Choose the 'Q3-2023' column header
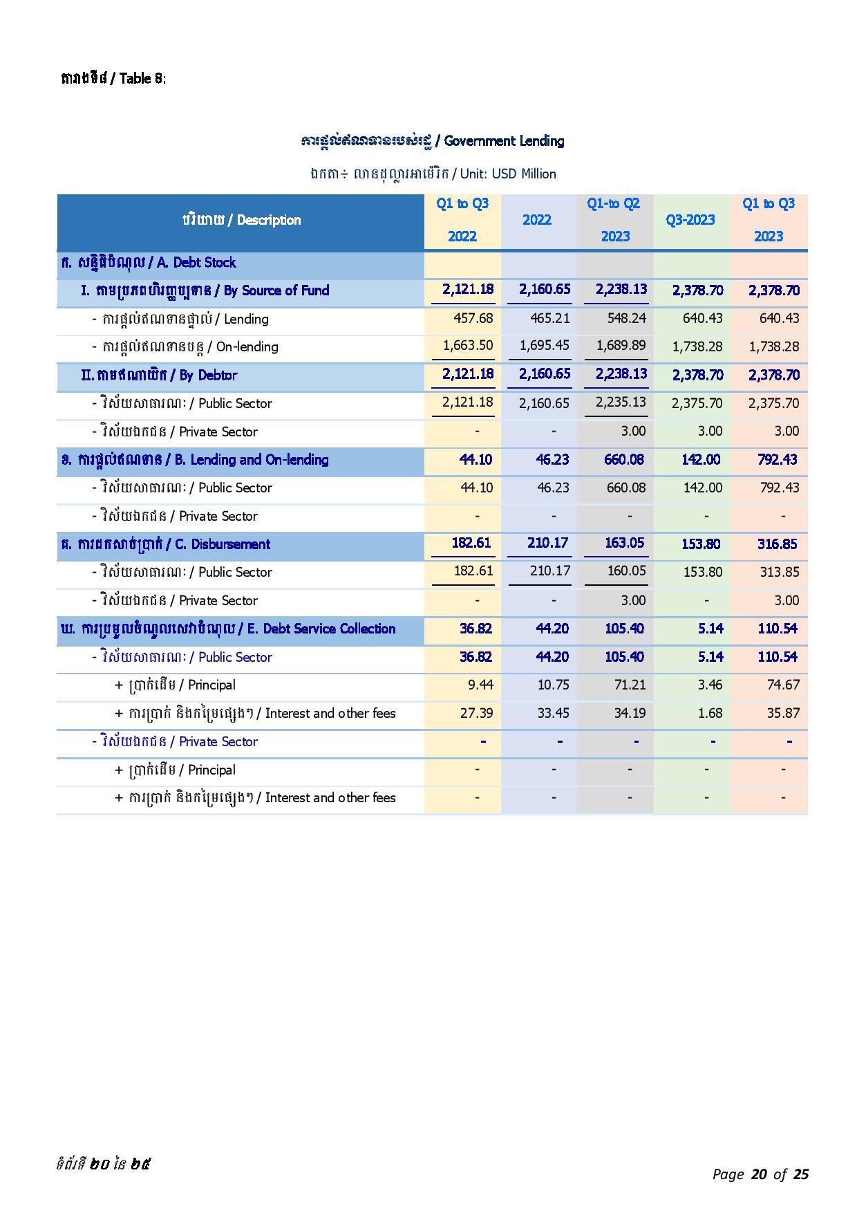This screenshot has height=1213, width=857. tap(690, 220)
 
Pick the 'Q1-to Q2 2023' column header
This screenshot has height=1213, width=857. tap(614, 220)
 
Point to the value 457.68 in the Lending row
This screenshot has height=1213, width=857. tap(473, 319)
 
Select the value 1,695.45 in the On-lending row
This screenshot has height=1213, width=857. tap(545, 345)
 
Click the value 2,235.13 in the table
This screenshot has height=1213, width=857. tap(621, 402)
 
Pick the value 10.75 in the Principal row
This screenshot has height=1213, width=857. tap(553, 685)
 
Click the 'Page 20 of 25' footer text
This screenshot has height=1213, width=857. tap(760, 1174)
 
